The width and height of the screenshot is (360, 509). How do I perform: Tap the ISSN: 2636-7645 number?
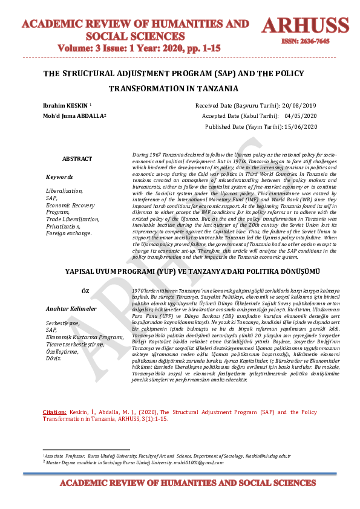tap(305, 42)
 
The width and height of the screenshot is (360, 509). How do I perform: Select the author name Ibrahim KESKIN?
tap(58, 105)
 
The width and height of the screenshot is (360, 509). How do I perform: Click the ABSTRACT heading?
tap(77, 159)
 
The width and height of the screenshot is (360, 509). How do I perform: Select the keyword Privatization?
tap(64, 225)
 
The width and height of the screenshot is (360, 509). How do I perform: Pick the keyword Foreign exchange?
tap(69, 233)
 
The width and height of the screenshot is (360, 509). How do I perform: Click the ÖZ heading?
tap(85, 291)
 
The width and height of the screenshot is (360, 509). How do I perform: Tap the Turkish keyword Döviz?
tap(54, 358)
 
